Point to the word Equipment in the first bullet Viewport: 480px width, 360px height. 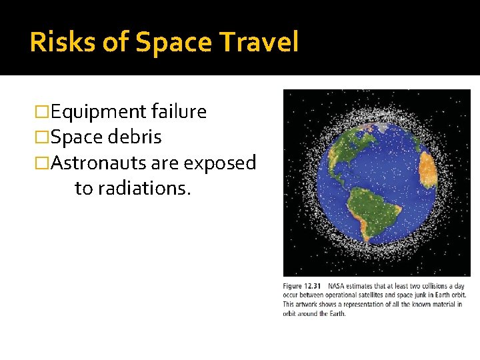tap(99, 112)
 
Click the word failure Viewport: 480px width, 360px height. tap(179, 112)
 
